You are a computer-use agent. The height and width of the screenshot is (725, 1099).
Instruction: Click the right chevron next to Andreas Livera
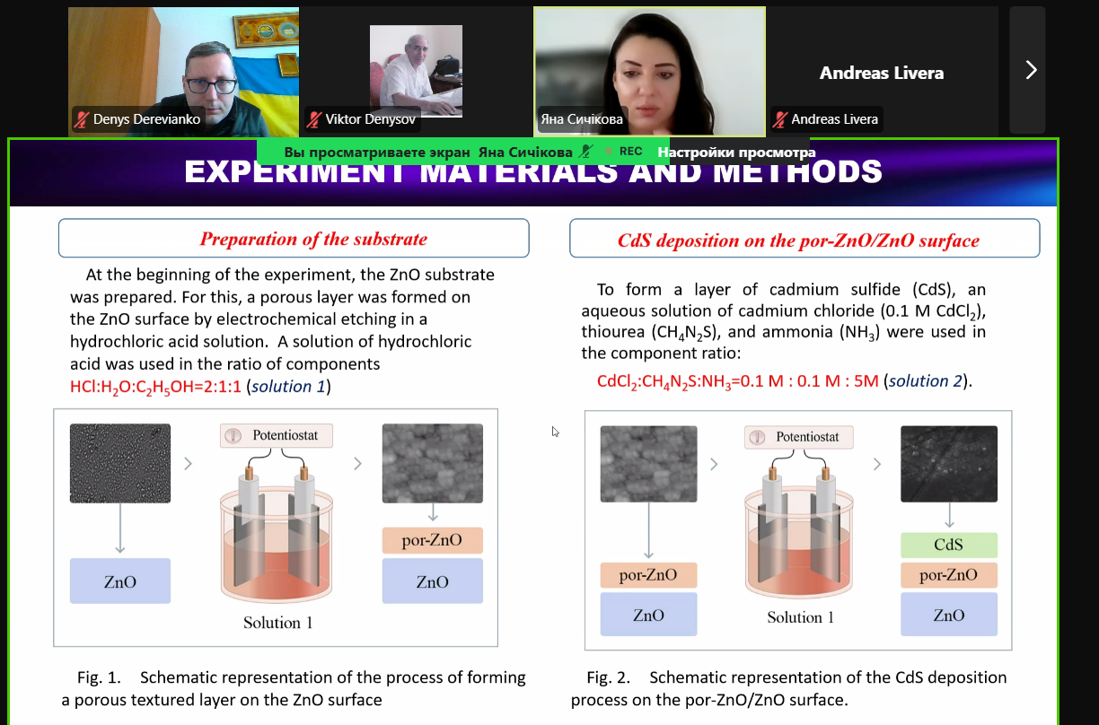click(x=1031, y=70)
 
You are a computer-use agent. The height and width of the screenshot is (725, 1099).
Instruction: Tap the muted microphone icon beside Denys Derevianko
click(x=82, y=119)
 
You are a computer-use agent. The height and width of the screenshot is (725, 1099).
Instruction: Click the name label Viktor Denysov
click(x=370, y=119)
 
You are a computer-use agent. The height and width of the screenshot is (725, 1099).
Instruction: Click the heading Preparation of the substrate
click(x=313, y=239)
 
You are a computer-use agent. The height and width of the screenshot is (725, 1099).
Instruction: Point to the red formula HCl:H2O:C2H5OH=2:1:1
click(x=155, y=387)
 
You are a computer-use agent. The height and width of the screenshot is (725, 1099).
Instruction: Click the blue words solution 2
click(x=926, y=380)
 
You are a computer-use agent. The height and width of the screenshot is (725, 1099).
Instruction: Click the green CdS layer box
click(x=948, y=545)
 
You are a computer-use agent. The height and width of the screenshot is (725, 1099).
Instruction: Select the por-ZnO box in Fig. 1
click(x=432, y=540)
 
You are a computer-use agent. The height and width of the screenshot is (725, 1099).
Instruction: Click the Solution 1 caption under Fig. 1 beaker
click(x=277, y=623)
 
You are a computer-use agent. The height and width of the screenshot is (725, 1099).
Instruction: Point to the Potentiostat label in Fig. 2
click(x=799, y=437)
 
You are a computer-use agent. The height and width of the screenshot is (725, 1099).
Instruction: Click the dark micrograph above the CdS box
click(x=949, y=464)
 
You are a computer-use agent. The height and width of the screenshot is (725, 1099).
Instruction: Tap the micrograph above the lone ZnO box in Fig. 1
click(x=120, y=463)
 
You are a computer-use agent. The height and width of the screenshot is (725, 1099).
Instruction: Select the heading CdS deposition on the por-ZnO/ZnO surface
click(x=798, y=240)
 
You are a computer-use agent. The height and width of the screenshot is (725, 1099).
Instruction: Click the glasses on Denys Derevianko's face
click(x=211, y=85)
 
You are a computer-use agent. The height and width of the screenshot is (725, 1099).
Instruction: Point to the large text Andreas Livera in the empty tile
click(x=882, y=73)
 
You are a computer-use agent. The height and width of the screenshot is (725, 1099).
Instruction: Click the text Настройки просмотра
click(x=736, y=153)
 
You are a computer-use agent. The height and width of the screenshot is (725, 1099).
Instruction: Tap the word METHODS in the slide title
click(x=797, y=171)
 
